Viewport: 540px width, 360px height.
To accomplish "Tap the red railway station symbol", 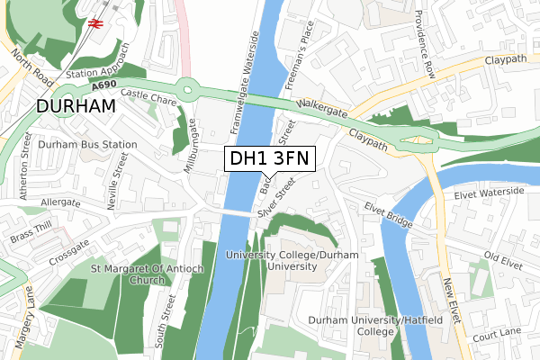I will click(x=94, y=22).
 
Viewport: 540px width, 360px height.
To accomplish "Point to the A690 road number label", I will click(x=103, y=85).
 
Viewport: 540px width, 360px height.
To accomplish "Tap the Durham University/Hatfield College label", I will click(x=364, y=326).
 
